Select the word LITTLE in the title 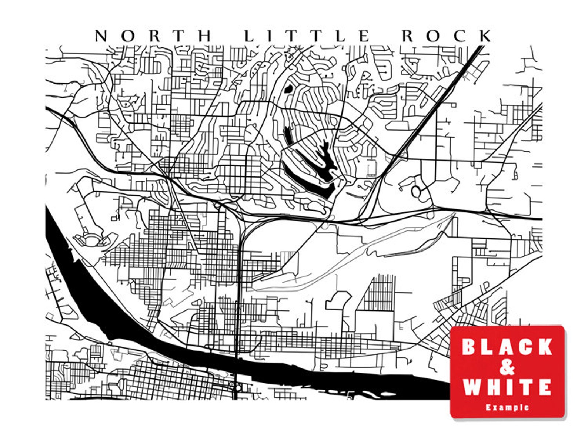pyautogui.click(x=307, y=36)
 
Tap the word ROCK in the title pyautogui.click(x=447, y=36)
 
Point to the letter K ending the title pyautogui.click(x=485, y=36)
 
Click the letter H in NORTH pyautogui.click(x=205, y=36)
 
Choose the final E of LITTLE pyautogui.click(x=364, y=36)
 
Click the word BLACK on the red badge pyautogui.click(x=507, y=347)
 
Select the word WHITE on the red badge pyautogui.click(x=507, y=387)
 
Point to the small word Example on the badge pyautogui.click(x=507, y=407)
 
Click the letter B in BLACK pyautogui.click(x=469, y=347)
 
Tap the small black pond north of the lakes pyautogui.click(x=288, y=89)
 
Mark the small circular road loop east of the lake pyautogui.click(x=416, y=191)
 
